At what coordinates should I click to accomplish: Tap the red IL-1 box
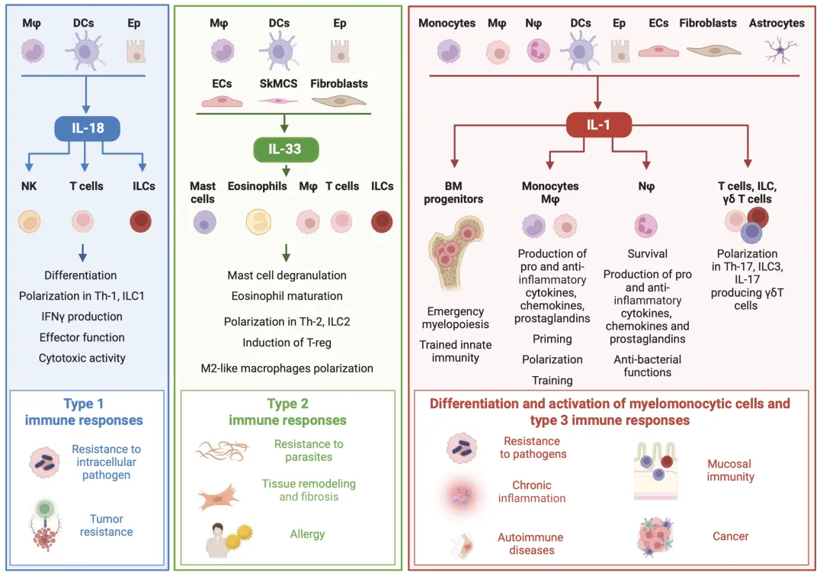599,124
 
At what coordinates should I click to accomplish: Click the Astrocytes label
777,23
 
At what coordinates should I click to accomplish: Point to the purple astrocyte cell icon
780,51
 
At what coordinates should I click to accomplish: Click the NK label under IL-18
29,186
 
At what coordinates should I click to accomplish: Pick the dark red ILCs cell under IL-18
142,222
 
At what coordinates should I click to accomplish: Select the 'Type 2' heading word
287,404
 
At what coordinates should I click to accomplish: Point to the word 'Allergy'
307,534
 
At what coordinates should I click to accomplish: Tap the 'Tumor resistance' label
106,526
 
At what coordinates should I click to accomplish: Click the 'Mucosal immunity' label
729,470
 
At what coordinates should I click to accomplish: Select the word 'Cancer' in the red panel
730,536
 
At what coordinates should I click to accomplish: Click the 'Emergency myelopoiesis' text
455,318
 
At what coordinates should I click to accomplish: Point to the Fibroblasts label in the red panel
708,23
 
